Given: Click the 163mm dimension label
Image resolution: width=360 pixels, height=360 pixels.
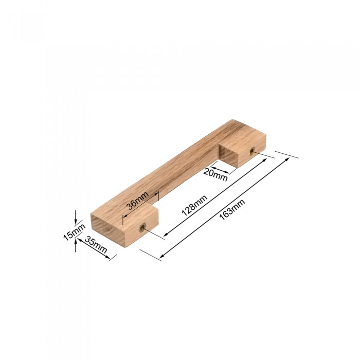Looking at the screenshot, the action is [232, 209].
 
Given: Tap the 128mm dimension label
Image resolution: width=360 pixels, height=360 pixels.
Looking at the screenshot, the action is [194, 205].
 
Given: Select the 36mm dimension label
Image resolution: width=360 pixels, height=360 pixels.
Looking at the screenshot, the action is [138, 200].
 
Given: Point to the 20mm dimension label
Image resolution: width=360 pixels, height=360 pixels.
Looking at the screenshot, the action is [215, 175].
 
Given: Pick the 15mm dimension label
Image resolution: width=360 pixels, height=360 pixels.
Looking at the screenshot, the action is [74, 232].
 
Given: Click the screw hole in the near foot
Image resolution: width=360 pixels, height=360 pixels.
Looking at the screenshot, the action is [142, 227].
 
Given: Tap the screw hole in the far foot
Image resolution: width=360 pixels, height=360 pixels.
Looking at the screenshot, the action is [252, 151].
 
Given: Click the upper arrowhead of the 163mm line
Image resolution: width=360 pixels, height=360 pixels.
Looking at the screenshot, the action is [287, 159].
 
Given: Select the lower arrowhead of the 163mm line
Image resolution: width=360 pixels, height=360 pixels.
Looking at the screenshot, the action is [162, 256].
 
